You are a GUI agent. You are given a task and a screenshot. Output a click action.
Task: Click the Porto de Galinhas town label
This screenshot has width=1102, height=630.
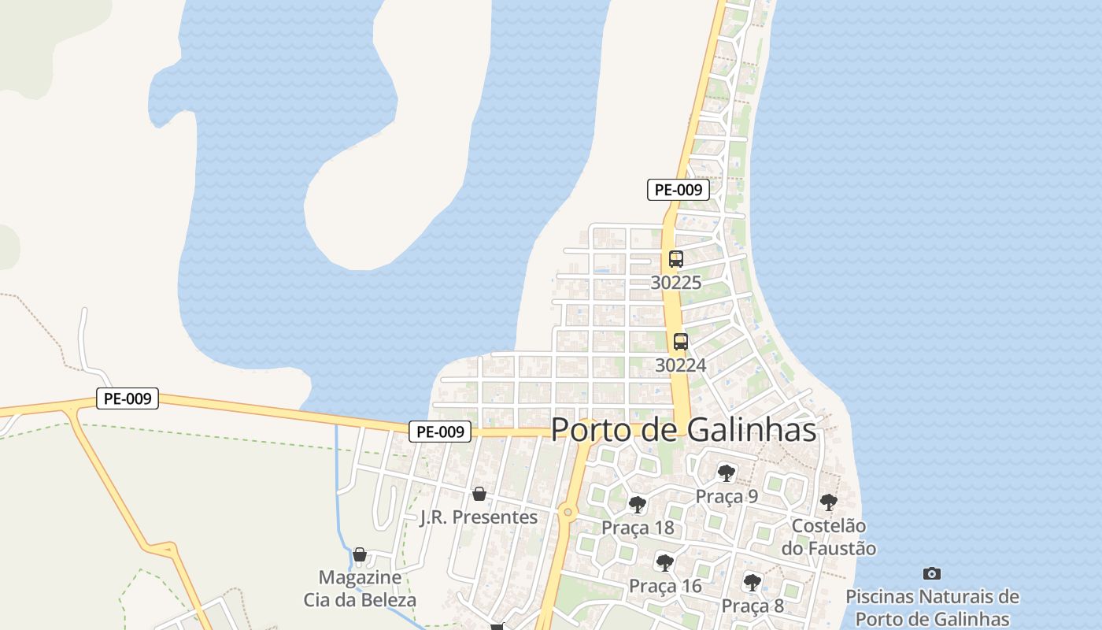click(683, 430)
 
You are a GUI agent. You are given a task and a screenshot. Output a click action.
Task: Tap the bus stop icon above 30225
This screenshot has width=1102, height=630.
click(675, 258)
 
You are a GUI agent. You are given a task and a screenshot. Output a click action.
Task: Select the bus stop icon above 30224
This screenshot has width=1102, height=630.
click(681, 342)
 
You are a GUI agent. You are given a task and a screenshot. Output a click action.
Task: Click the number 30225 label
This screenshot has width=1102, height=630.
click(675, 283)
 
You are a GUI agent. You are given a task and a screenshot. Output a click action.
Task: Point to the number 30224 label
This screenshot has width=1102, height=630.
click(681, 365)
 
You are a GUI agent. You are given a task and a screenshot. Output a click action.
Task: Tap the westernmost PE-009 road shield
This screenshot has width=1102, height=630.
click(128, 398)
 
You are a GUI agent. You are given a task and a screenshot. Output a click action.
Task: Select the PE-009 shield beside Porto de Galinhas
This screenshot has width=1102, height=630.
click(440, 432)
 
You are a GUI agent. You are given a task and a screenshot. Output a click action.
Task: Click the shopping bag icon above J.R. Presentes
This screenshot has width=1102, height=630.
click(479, 494)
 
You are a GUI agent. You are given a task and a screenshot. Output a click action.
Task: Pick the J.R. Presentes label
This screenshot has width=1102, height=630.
click(479, 517)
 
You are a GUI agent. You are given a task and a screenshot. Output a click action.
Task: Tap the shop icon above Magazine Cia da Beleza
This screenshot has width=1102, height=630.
click(360, 554)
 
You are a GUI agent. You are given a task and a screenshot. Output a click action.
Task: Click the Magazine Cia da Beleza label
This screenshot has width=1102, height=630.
click(360, 588)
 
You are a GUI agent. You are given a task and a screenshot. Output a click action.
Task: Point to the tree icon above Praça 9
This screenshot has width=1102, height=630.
click(727, 472)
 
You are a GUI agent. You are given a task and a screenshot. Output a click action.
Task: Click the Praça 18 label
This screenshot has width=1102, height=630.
click(638, 528)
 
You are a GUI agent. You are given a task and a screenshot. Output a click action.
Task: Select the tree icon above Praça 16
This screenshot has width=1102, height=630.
click(665, 562)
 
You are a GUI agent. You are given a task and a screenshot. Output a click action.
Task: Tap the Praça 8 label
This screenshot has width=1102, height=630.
click(753, 606)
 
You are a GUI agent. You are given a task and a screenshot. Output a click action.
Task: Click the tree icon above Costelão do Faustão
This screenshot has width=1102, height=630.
click(828, 502)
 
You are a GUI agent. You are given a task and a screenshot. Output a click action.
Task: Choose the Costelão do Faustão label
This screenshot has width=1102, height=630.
click(828, 536)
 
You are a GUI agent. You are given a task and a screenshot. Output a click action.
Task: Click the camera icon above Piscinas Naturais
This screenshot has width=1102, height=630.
click(932, 573)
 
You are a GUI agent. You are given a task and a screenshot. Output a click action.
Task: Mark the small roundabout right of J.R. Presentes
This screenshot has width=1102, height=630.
click(568, 513)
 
